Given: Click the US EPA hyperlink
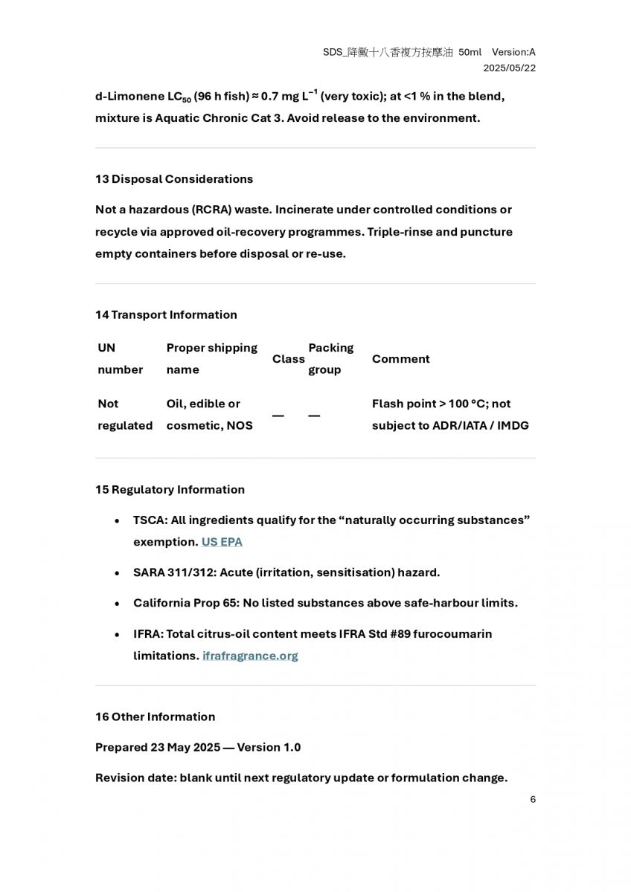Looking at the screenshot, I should [222, 542].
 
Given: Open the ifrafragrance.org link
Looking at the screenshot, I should [250, 656].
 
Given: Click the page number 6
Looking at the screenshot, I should [533, 800].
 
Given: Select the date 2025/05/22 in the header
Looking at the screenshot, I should [509, 68].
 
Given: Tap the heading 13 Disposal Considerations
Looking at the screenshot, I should [174, 179].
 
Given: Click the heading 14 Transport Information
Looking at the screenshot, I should [166, 314].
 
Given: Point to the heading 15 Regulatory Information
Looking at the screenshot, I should [170, 489].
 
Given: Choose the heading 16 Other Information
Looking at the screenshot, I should [155, 717].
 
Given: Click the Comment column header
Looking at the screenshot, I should [400, 359].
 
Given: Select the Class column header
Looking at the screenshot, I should [288, 359].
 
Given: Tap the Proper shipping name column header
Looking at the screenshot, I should [211, 359].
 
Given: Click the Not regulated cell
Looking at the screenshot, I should [124, 415].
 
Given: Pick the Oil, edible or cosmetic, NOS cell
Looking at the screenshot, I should [209, 415].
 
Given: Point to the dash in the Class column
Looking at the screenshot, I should [278, 416].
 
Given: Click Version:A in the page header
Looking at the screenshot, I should [513, 52].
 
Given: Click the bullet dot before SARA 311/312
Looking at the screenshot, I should [118, 573].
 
